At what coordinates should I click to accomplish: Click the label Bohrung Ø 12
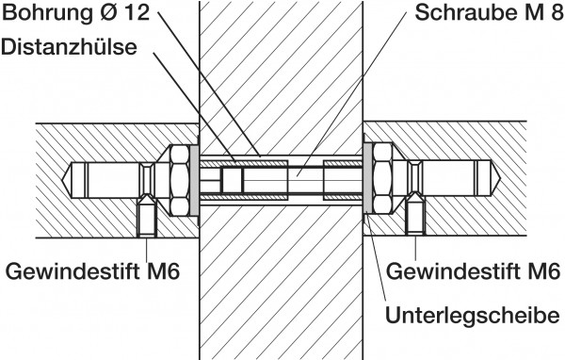point(75,13)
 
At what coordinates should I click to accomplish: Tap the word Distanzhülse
point(69,47)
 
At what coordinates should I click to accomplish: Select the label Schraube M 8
point(489,13)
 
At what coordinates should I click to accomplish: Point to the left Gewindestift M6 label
point(92,270)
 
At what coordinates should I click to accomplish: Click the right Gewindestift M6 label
point(473,270)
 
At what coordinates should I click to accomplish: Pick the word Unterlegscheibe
point(473,316)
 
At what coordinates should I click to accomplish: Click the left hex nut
point(179,180)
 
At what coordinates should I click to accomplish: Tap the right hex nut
point(382,179)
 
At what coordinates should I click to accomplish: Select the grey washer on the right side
point(367,178)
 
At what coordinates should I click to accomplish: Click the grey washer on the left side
point(194,180)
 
